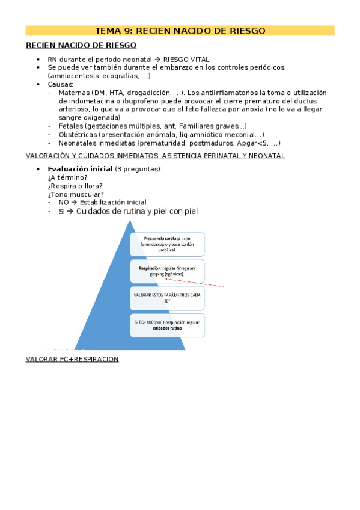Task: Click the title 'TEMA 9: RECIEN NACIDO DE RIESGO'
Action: (180, 31)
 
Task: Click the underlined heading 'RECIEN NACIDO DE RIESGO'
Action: (81, 45)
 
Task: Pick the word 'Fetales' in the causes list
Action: (72, 126)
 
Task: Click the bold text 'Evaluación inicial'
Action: (79, 169)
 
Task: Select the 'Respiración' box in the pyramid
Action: (167, 271)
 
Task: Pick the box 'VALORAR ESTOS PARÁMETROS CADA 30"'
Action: (167, 298)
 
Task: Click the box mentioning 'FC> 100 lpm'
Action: (167, 325)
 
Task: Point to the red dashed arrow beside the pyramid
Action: (195, 283)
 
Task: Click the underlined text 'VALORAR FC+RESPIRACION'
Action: (72, 359)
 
